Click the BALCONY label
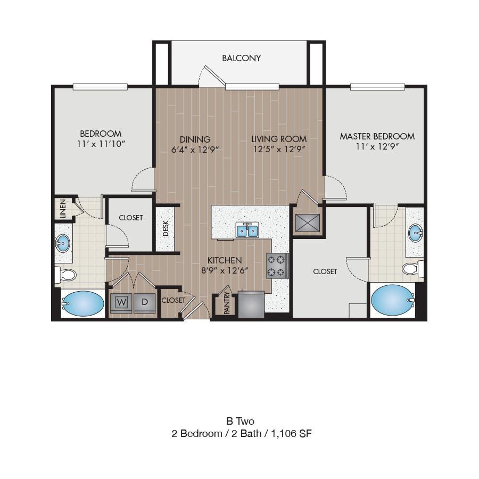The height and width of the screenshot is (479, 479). click(241, 58)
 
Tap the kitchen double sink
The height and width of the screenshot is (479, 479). click(247, 230)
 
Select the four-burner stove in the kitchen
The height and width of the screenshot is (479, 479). click(277, 266)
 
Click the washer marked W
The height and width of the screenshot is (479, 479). click(121, 303)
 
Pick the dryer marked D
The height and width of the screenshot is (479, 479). click(145, 303)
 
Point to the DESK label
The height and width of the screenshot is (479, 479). click(166, 228)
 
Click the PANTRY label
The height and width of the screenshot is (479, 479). click(227, 303)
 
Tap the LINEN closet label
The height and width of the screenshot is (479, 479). click(63, 209)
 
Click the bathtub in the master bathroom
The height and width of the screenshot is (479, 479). click(393, 300)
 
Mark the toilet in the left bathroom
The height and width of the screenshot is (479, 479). click(65, 275)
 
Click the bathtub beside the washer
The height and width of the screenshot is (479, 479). click(83, 303)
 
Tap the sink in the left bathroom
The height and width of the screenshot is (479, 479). click(63, 243)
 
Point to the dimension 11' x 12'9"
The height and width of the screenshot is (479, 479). click(377, 147)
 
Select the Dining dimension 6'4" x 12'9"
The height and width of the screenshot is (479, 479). click(195, 150)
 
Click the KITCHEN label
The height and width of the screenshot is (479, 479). click(225, 260)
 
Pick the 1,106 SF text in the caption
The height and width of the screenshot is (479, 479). click(292, 433)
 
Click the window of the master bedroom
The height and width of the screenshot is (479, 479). click(377, 87)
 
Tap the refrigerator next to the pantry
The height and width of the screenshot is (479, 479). click(251, 304)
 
